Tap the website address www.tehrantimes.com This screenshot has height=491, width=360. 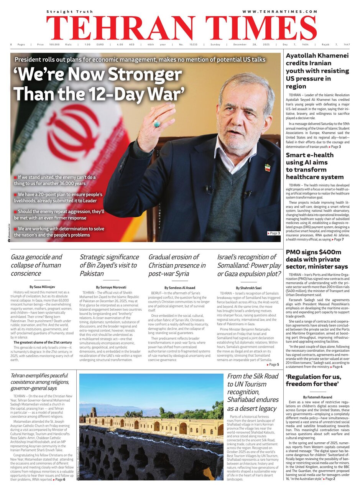tap(279, 12)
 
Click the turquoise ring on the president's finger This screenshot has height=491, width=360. tap(156, 124)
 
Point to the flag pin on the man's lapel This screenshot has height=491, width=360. tap(267, 167)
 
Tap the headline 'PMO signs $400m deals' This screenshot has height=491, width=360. tap(317, 259)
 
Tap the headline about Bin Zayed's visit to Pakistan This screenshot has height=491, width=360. tap(109, 265)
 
